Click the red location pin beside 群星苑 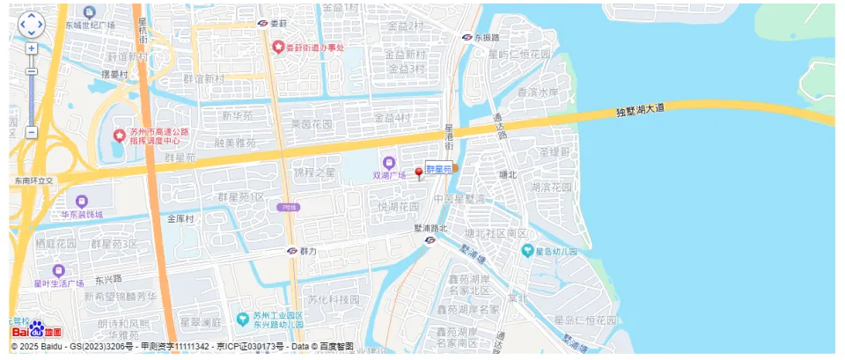(x=419, y=173)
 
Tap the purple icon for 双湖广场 (x=388, y=162)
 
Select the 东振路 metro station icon (x=467, y=38)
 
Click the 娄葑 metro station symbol (x=262, y=23)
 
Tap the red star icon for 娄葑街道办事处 (x=278, y=47)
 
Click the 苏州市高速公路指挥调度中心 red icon (x=120, y=136)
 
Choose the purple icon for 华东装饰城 (x=82, y=201)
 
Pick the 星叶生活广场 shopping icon (x=58, y=270)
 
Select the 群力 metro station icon (x=291, y=251)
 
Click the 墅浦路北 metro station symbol (x=430, y=239)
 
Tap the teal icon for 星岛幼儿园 (x=528, y=250)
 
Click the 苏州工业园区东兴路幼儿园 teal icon (x=242, y=318)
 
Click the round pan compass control (x=31, y=24)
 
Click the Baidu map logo (x=36, y=331)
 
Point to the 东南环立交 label (x=33, y=180)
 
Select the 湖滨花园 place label (x=553, y=187)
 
